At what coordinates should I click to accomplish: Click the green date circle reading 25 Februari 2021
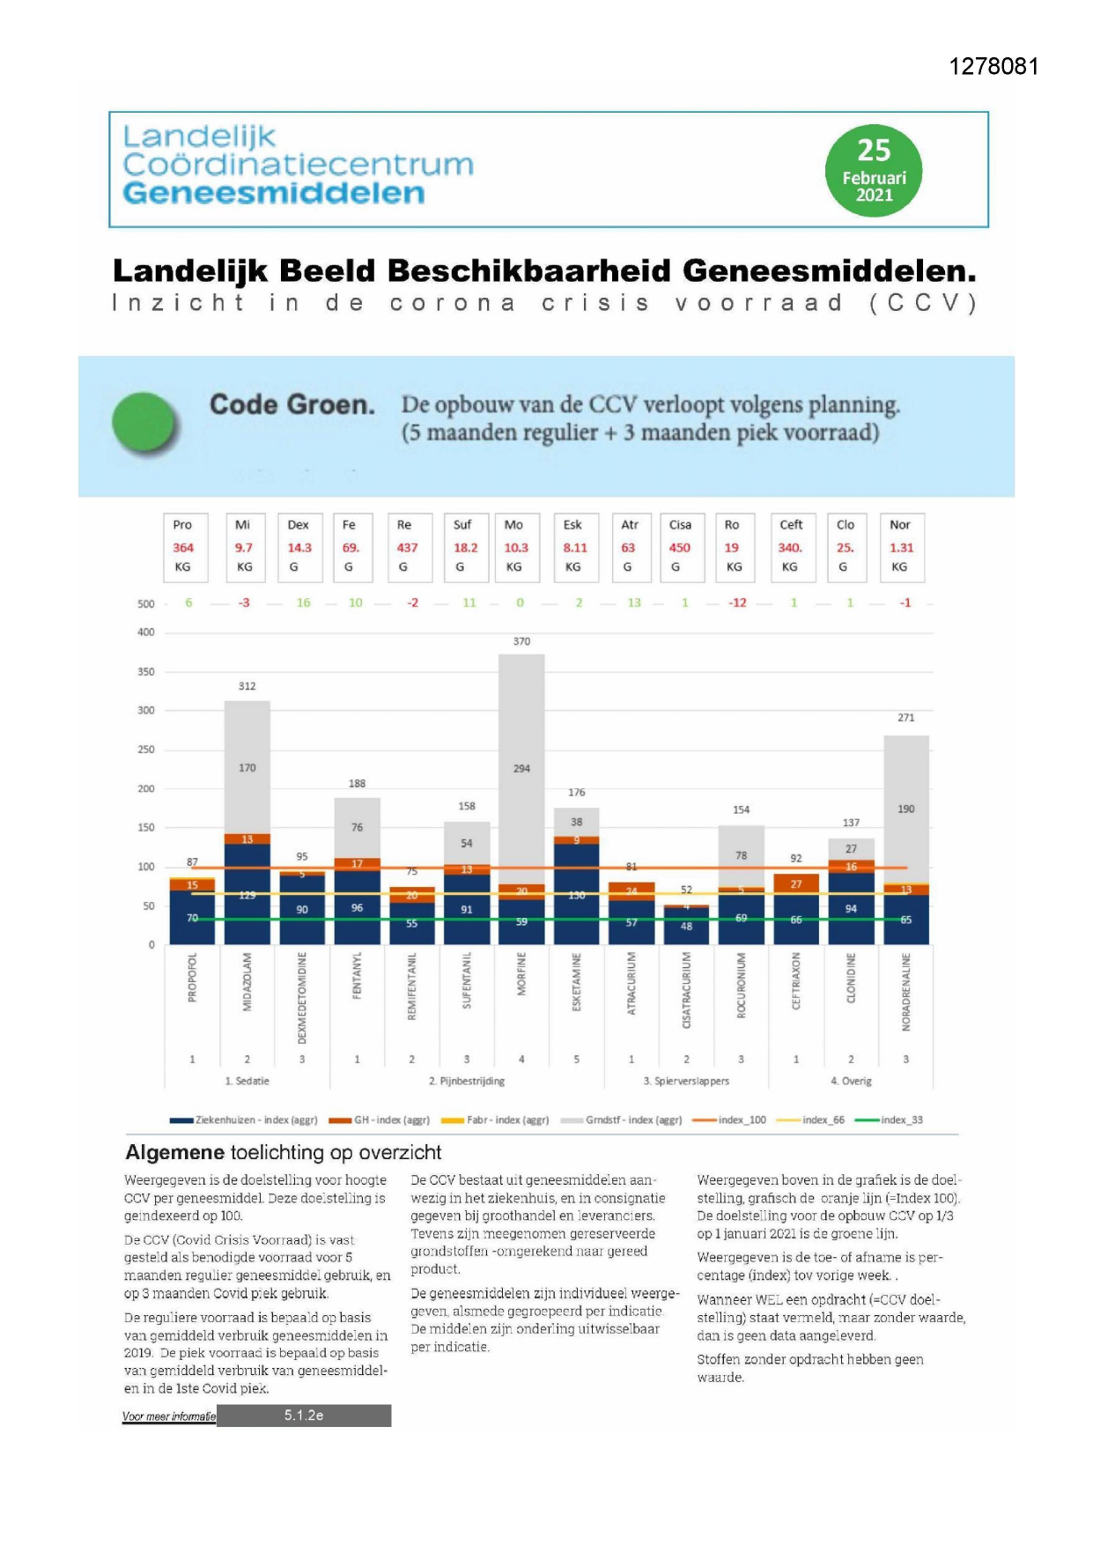click(873, 171)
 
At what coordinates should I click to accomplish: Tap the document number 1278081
click(993, 67)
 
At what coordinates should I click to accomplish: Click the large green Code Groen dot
click(145, 423)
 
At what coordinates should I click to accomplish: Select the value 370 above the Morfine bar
click(521, 641)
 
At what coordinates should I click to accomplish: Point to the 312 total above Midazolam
click(247, 686)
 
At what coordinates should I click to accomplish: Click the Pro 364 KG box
click(184, 547)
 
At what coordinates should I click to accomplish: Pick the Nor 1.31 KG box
click(900, 547)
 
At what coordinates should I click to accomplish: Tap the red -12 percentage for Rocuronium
click(737, 603)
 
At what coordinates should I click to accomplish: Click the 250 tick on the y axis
click(146, 750)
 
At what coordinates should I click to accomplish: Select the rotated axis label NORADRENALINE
click(905, 992)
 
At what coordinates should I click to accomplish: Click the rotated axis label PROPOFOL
click(192, 977)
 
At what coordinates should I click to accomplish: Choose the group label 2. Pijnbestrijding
click(467, 1081)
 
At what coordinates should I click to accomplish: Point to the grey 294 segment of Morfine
click(521, 769)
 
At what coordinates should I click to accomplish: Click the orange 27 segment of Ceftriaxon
click(796, 883)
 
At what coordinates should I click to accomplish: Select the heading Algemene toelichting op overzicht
click(283, 1152)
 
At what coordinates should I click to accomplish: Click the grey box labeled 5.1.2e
click(304, 1416)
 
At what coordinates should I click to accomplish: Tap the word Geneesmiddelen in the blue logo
click(273, 193)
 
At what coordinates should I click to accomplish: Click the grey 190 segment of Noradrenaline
click(905, 809)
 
